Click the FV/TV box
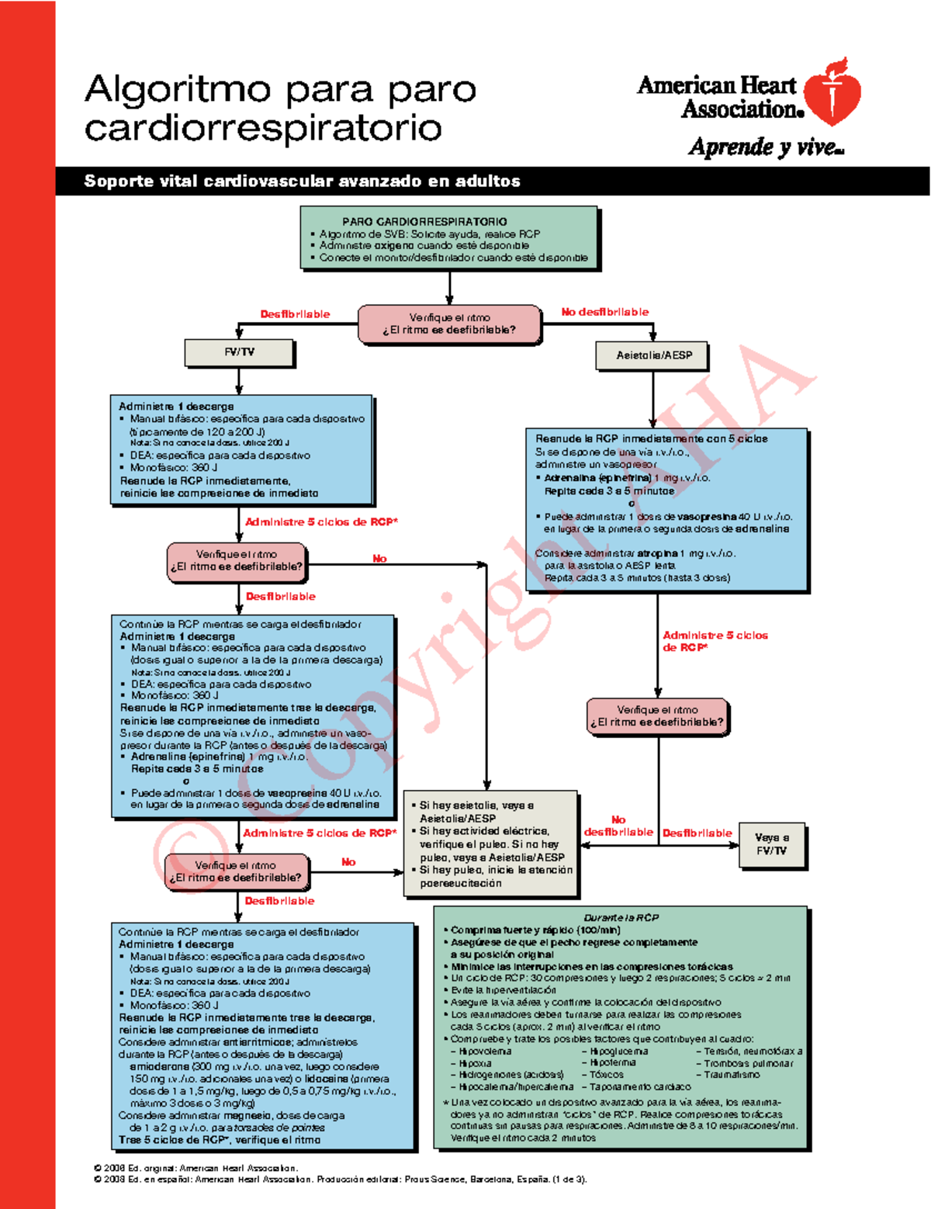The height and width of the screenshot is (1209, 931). [x=239, y=352]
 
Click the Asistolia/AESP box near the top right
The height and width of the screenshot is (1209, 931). [x=653, y=355]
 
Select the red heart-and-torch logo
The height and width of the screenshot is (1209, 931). [x=832, y=92]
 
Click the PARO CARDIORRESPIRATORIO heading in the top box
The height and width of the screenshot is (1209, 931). [x=424, y=221]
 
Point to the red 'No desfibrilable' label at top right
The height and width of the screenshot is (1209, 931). [x=605, y=312]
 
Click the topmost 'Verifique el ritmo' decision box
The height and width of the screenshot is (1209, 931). [x=449, y=324]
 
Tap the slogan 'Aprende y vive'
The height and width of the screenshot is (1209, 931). [x=765, y=147]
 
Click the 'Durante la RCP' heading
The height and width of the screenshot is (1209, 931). [x=621, y=917]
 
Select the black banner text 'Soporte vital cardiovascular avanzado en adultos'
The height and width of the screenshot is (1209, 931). [x=302, y=182]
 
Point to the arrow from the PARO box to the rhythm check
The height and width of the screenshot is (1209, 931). [x=449, y=288]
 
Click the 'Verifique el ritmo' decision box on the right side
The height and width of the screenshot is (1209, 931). [x=658, y=715]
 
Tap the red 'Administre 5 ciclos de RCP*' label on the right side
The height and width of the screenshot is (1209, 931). [x=714, y=641]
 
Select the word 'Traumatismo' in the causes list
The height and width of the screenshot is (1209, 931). [x=732, y=1075]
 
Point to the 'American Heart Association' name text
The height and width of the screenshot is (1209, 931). [x=718, y=97]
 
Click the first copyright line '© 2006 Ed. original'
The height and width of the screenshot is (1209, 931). [x=196, y=1168]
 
